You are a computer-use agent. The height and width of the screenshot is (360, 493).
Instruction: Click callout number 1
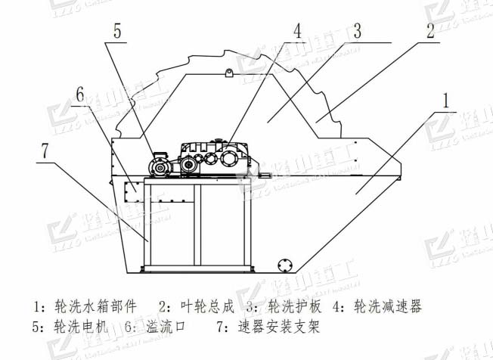pos(446,98)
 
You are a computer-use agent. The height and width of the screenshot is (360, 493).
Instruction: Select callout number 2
pos(429,32)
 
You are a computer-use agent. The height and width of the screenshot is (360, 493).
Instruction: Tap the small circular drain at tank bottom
pos(285,265)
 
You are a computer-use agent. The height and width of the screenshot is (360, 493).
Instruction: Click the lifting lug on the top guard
pos(228,73)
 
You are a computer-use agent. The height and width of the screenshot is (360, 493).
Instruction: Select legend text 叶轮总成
pos(203,307)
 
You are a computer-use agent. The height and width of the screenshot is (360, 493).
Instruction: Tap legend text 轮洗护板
pos(292,307)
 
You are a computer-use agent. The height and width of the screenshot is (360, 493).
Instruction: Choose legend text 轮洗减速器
pos(389,307)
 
